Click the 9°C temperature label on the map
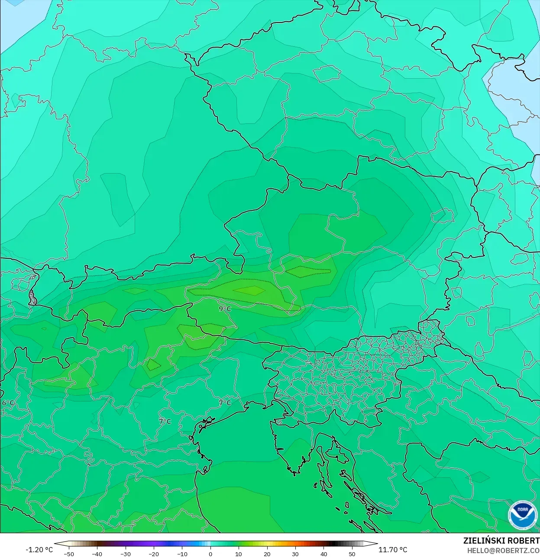[225, 309]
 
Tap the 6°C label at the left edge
[8, 403]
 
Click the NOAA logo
[522, 515]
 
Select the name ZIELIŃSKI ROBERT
[501, 541]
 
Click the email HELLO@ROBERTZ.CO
[503, 551]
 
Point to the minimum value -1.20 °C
[39, 550]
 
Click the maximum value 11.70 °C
[393, 550]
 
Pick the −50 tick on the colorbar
[68, 554]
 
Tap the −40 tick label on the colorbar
[97, 554]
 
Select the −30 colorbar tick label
[125, 554]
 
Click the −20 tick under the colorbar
[154, 554]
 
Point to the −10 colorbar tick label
[182, 554]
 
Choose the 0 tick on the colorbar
[210, 554]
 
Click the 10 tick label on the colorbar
[239, 554]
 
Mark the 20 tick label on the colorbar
[267, 554]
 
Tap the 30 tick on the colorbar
[295, 554]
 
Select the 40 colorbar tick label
[324, 554]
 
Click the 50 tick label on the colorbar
[352, 554]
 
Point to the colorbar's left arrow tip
[55, 544]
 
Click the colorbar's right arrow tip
[377, 544]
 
